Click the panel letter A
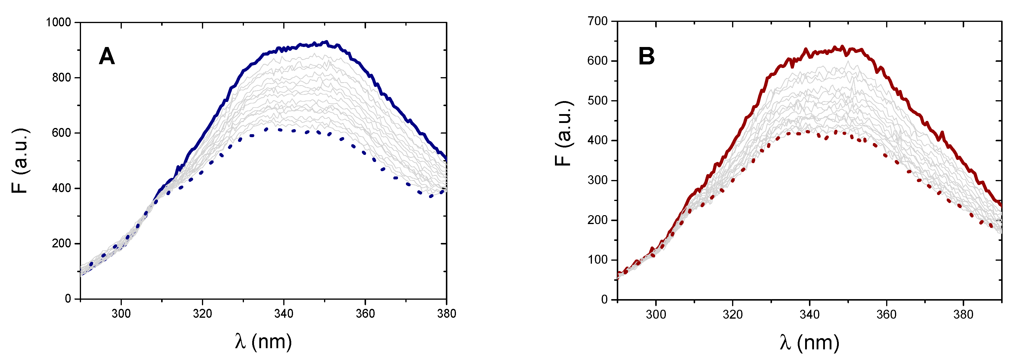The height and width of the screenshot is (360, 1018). (x=107, y=56)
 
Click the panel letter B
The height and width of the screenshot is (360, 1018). (x=647, y=56)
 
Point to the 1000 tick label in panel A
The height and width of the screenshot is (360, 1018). (x=59, y=22)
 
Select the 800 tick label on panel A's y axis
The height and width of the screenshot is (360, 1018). (x=62, y=77)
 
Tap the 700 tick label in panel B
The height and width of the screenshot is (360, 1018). (x=598, y=21)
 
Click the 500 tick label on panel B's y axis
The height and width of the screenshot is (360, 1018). (x=598, y=100)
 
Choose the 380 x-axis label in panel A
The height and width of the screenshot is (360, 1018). (x=446, y=314)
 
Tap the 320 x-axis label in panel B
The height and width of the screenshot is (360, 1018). (x=732, y=314)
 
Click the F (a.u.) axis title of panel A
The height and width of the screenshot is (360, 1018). (x=20, y=160)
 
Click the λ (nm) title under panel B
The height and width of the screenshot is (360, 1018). (x=809, y=342)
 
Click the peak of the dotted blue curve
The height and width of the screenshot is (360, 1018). (x=266, y=129)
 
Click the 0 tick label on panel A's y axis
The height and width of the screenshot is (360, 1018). (x=68, y=299)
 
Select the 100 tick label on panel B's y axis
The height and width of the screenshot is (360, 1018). (x=598, y=260)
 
